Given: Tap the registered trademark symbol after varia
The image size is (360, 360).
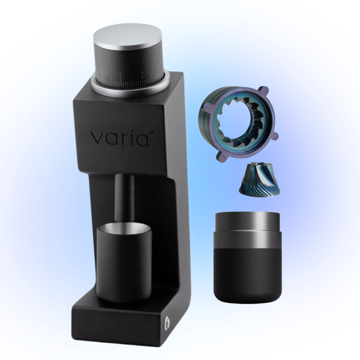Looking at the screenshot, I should pyautogui.click(x=152, y=131).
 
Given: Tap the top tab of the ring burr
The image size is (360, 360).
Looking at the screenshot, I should pyautogui.click(x=263, y=89).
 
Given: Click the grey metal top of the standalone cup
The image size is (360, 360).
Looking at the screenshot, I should pyautogui.click(x=248, y=226).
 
